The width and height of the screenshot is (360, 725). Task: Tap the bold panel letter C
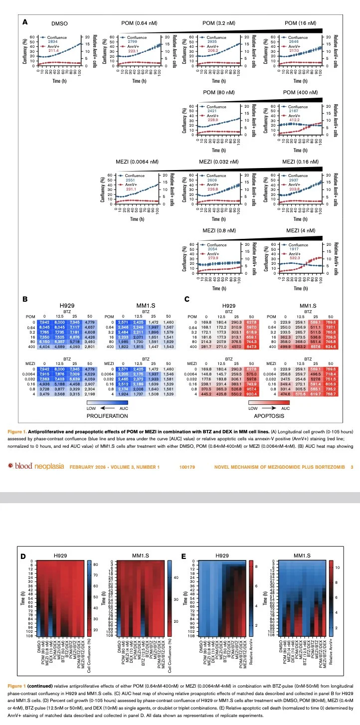tap(187, 299)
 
